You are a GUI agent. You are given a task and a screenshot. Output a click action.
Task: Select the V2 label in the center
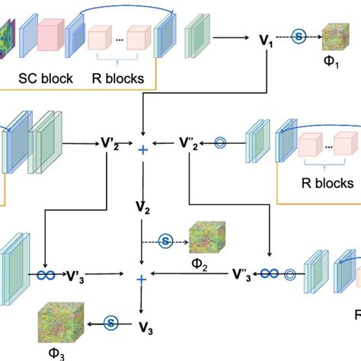point(142,206)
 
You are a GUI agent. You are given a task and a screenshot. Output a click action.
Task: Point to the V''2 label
point(190,142)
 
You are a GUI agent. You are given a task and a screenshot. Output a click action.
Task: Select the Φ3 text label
point(53,353)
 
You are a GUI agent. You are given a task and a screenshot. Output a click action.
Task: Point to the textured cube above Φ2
point(200,237)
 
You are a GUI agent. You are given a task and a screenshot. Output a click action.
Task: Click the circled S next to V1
point(299,36)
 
